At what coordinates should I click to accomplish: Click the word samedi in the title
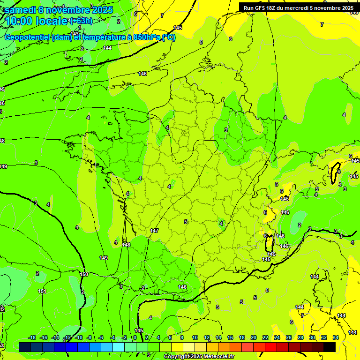[21, 10]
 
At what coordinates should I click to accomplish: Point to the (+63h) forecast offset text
[81, 21]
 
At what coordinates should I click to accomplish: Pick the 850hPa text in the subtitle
[145, 37]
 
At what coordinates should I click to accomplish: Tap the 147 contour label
[154, 231]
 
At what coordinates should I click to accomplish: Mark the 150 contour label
[84, 274]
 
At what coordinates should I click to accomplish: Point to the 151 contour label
[42, 292]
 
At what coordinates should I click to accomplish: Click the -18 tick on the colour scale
[32, 337]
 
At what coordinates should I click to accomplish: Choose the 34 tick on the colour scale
[336, 337]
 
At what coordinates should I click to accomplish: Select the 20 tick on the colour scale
[254, 337]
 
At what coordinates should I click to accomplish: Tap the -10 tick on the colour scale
[78, 337]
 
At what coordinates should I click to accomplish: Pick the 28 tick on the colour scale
[300, 337]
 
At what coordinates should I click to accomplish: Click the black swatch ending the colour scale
[330, 347]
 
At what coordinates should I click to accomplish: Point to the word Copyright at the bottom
[178, 357]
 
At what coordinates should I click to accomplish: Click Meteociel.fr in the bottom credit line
[219, 357]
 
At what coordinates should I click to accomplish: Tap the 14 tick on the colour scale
[218, 337]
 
